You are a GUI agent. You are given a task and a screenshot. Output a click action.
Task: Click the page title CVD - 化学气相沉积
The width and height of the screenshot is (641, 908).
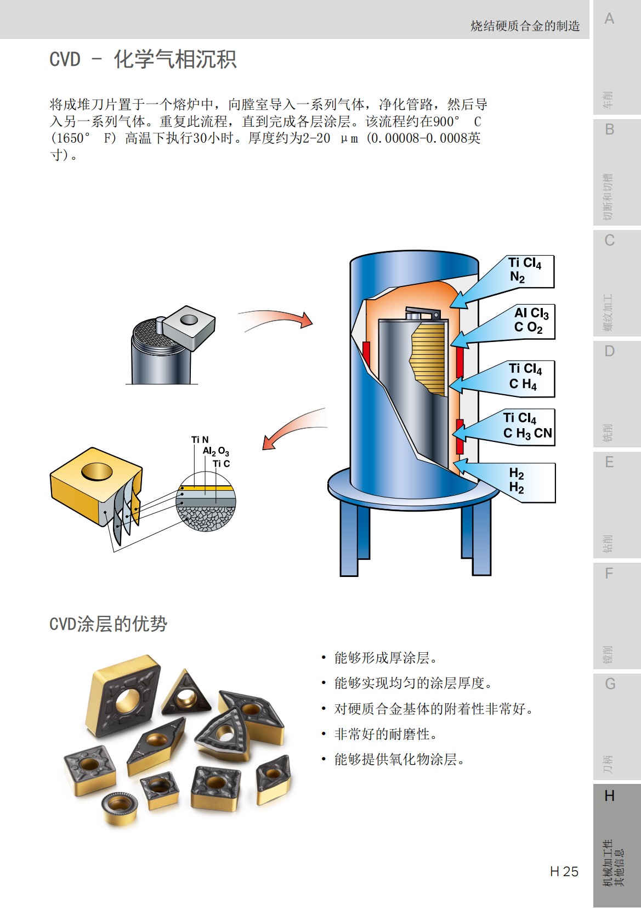tap(143, 59)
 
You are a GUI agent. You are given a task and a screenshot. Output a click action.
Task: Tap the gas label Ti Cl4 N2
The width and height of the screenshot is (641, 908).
tap(524, 270)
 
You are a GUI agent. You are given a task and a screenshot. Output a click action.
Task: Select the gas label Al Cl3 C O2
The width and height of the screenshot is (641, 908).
tap(531, 321)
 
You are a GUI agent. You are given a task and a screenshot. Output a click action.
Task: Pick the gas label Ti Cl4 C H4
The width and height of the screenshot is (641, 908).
tap(525, 377)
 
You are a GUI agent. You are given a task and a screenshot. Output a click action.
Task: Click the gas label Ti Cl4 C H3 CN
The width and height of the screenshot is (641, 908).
tap(527, 426)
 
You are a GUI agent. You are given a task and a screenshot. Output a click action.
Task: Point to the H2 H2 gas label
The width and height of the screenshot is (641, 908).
tap(517, 481)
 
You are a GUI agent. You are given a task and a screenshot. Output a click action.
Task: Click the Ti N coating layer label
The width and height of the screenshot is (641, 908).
tap(200, 440)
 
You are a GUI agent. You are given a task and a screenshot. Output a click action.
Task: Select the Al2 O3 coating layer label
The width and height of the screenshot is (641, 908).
tap(215, 451)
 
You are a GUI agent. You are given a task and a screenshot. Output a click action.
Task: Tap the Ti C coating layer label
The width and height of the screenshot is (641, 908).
tap(222, 464)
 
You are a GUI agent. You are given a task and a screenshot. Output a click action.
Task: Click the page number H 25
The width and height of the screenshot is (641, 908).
tap(564, 871)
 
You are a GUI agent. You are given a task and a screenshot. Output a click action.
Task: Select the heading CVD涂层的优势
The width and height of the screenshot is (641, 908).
tap(108, 624)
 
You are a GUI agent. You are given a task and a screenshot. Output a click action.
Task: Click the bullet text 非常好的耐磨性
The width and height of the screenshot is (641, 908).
tap(385, 734)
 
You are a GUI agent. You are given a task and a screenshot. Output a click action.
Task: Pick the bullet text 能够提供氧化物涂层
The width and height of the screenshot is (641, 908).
tap(400, 759)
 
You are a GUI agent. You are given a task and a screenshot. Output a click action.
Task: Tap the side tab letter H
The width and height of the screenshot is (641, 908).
tap(609, 796)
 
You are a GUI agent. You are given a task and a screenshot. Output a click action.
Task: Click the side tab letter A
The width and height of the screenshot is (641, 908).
tap(609, 19)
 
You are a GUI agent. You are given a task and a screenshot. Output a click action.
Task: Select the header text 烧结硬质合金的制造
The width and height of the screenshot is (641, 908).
tap(525, 26)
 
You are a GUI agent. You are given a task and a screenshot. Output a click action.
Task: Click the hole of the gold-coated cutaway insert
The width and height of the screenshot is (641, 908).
tap(97, 471)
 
